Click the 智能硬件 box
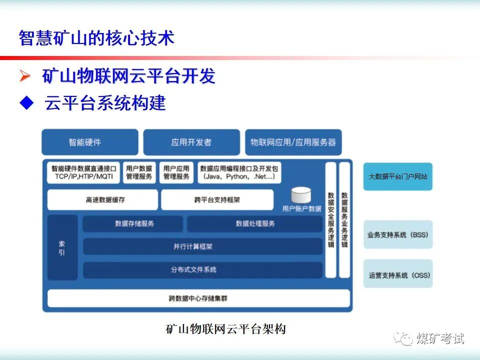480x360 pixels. point(90,142)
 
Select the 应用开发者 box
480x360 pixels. point(191,142)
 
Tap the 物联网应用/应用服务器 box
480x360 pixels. point(293,142)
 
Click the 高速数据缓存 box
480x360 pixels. point(102,199)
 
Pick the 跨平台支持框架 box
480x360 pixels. point(217,199)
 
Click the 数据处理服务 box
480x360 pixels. point(255,224)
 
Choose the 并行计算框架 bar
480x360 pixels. point(202,246)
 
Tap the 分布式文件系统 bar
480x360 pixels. point(202,270)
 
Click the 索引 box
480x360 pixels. point(62,247)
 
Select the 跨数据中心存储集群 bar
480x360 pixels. point(198,298)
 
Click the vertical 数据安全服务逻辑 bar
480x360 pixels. point(330,220)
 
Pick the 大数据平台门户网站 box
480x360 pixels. point(397,176)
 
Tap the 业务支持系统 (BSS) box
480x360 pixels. point(397,234)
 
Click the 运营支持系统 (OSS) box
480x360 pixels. point(397,274)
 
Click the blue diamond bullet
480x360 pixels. point(25,103)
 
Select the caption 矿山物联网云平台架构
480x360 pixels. point(225,329)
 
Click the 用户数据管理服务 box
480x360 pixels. point(139,172)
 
